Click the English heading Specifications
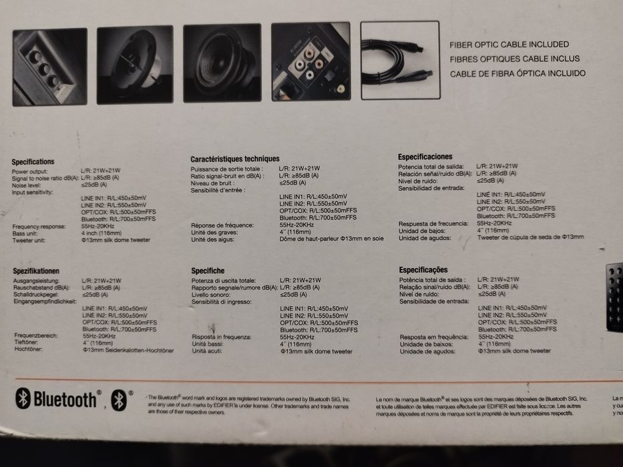[33, 162]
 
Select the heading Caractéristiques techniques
[234, 159]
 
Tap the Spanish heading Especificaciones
[425, 157]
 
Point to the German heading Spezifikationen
[36, 271]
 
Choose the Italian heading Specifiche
[208, 271]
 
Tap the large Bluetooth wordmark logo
[57, 400]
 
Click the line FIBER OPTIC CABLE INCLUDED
[509, 44]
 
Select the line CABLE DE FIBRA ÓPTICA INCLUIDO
[517, 73]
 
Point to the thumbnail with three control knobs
[49, 66]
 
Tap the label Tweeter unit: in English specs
[29, 241]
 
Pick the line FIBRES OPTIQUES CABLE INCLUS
[514, 59]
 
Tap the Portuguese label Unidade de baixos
[424, 344]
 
